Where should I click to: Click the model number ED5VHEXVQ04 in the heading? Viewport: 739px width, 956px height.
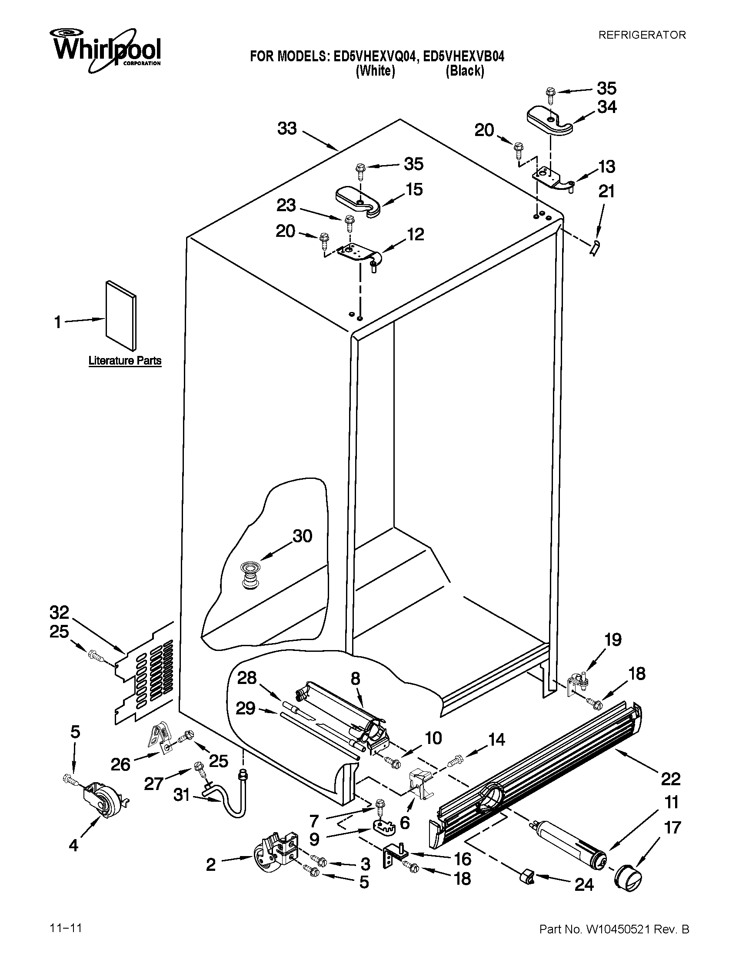[374, 57]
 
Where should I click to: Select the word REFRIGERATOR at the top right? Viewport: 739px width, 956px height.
[642, 35]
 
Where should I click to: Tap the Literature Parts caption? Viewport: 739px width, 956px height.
[125, 361]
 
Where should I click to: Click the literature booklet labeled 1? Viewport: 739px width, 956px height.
[120, 315]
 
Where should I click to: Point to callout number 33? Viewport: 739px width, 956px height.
[287, 129]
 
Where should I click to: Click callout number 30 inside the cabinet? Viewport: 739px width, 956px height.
[302, 536]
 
